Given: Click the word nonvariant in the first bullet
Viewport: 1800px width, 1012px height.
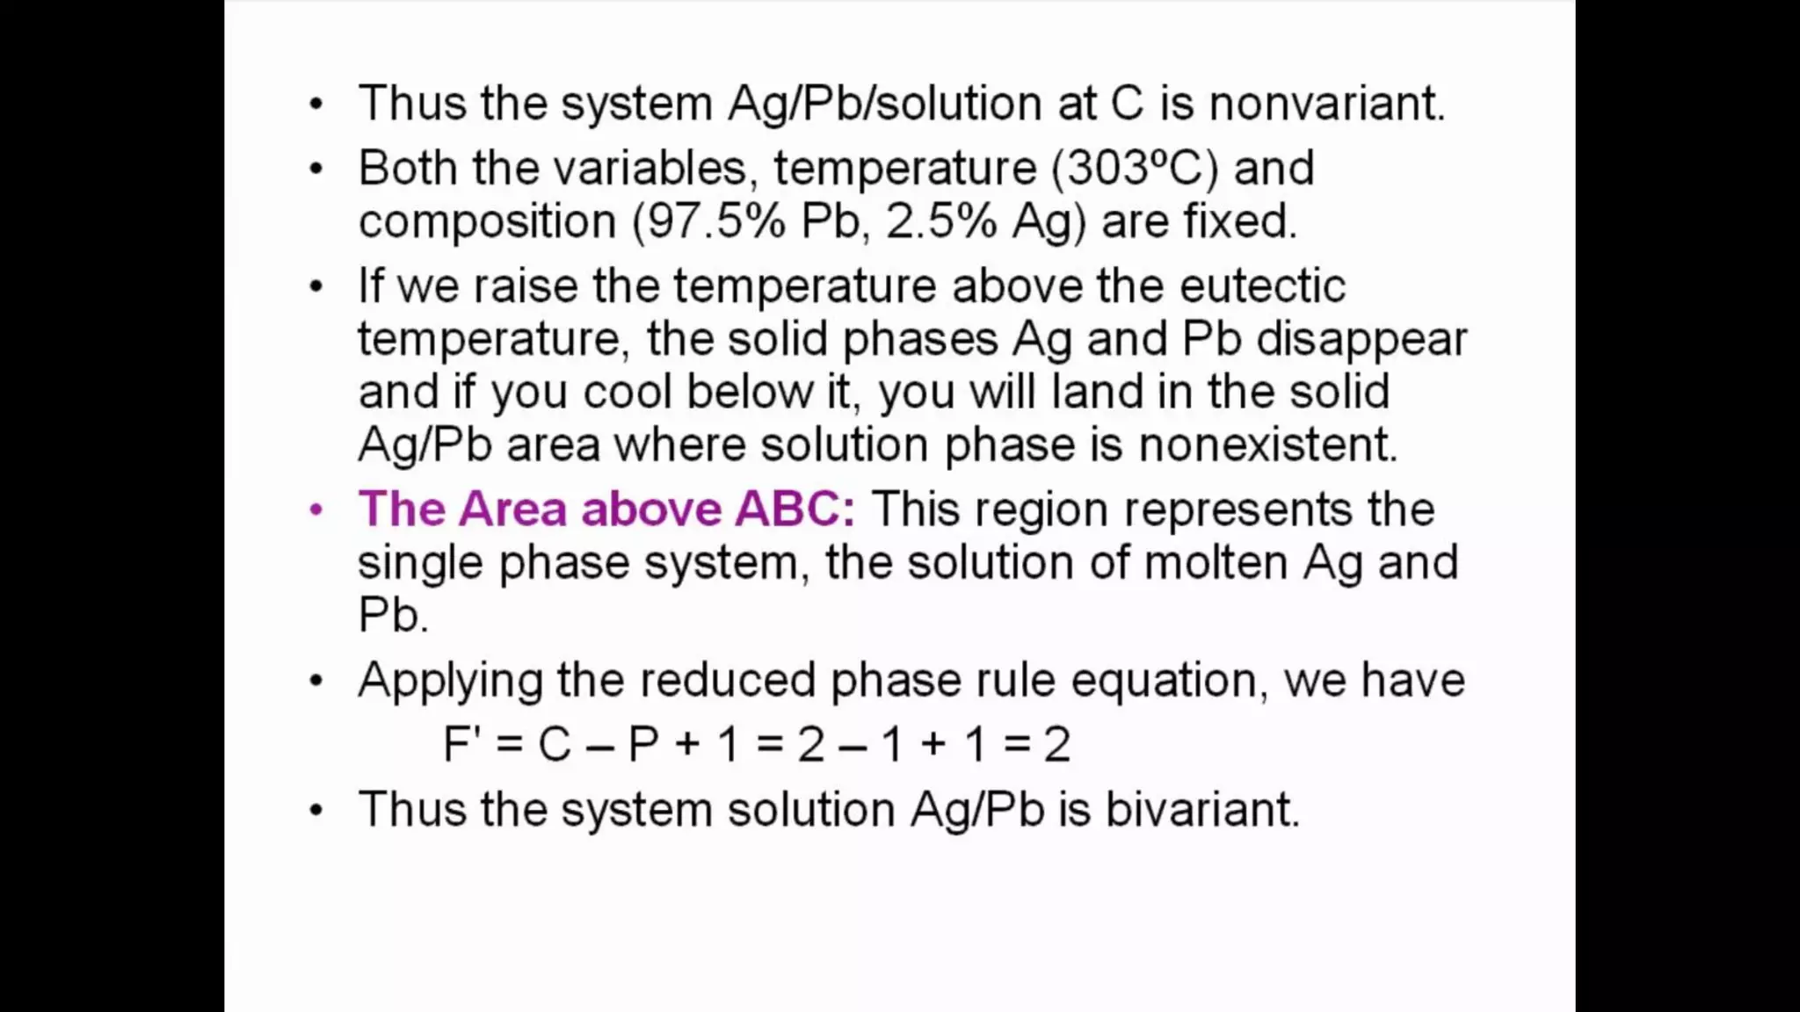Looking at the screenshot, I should (1325, 104).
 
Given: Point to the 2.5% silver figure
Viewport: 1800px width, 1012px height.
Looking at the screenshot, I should (940, 221).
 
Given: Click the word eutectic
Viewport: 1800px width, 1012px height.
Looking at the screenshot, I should (1261, 286).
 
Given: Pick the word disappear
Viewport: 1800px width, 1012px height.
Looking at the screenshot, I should (1361, 339).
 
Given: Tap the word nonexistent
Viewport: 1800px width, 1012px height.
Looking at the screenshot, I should (1267, 445).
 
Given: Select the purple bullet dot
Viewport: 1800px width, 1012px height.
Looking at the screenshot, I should (316, 510).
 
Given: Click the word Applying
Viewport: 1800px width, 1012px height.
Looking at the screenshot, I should (449, 681).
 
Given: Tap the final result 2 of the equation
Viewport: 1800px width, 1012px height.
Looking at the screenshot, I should (1056, 745).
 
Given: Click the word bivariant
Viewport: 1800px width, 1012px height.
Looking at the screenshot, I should (1201, 809).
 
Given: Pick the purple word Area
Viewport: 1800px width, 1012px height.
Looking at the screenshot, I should (512, 509).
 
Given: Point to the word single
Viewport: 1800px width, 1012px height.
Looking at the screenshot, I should (420, 562).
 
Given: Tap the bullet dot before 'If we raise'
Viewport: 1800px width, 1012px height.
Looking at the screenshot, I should (316, 286).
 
